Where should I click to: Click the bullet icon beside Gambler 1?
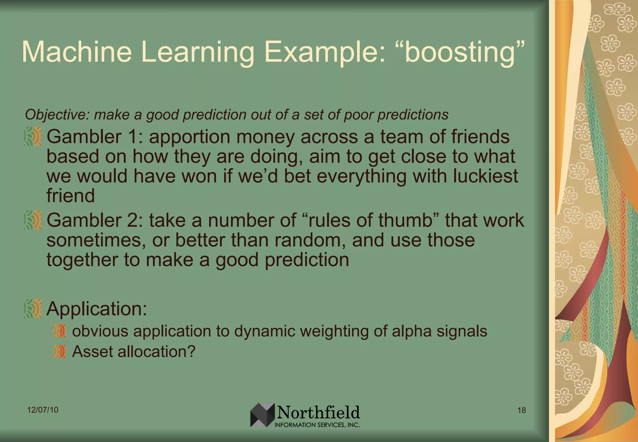point(33,137)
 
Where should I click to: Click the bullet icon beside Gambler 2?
point(33,220)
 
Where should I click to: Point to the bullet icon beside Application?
point(33,309)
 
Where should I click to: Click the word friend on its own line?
point(71,196)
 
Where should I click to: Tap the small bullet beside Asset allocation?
point(60,352)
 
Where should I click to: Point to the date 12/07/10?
point(43,410)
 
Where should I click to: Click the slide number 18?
point(521,410)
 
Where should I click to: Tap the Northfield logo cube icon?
point(262,415)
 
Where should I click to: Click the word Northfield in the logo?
point(318,412)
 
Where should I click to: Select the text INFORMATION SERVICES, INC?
point(317,425)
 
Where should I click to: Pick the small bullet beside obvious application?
point(60,331)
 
